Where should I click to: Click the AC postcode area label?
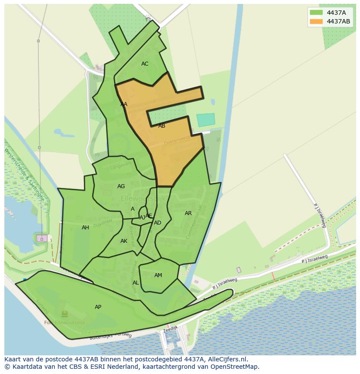tap(145, 64)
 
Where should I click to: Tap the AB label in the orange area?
tap(162, 126)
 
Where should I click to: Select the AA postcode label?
tap(124, 104)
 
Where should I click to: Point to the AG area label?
tap(121, 186)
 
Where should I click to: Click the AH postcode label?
tap(85, 228)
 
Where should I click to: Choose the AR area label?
tap(188, 213)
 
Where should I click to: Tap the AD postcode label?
tap(157, 223)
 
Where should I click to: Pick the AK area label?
tap(124, 241)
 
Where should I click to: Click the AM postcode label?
tap(158, 275)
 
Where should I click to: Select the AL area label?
tap(136, 283)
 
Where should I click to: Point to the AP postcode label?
tap(98, 307)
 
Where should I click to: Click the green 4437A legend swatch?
tap(317, 13)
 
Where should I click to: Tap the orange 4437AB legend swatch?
tap(317, 21)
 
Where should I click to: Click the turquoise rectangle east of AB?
tap(206, 120)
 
